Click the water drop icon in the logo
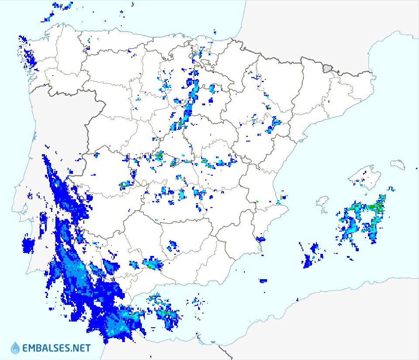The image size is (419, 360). [x=15, y=348]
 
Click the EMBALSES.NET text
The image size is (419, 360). [x=56, y=348]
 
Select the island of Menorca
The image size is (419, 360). [x=398, y=164]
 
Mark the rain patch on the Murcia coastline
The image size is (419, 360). [x=261, y=239]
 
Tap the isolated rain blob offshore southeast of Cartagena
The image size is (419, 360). [x=263, y=280]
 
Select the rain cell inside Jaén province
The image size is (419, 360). [x=172, y=246]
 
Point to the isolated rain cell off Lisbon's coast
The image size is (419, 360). [x=28, y=246]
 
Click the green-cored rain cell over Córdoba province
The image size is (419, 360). [x=152, y=263]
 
